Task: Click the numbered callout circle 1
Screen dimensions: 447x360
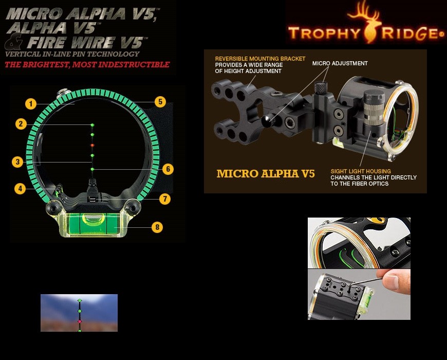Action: [x=31, y=104]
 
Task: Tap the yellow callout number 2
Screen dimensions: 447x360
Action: [x=21, y=124]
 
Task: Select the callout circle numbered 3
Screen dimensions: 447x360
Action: [x=17, y=162]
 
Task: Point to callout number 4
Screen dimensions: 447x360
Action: [x=20, y=189]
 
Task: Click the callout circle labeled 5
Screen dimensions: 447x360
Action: [x=160, y=102]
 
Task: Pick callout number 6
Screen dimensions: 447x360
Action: [x=168, y=169]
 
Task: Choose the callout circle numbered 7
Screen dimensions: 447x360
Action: [x=165, y=199]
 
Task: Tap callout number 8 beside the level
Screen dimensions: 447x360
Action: [x=157, y=227]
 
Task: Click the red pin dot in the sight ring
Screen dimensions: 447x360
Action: [x=92, y=145]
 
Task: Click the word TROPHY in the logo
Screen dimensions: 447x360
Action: [x=324, y=33]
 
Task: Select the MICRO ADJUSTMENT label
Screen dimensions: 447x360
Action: [x=340, y=63]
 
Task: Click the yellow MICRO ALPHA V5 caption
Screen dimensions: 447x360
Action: [x=266, y=173]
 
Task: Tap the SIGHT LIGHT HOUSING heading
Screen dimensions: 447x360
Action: [x=361, y=171]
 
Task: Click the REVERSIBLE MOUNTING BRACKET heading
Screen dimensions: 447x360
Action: [x=260, y=59]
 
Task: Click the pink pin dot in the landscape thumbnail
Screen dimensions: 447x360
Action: [x=80, y=321]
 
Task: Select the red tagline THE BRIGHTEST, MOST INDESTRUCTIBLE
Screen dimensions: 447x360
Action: [x=87, y=64]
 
